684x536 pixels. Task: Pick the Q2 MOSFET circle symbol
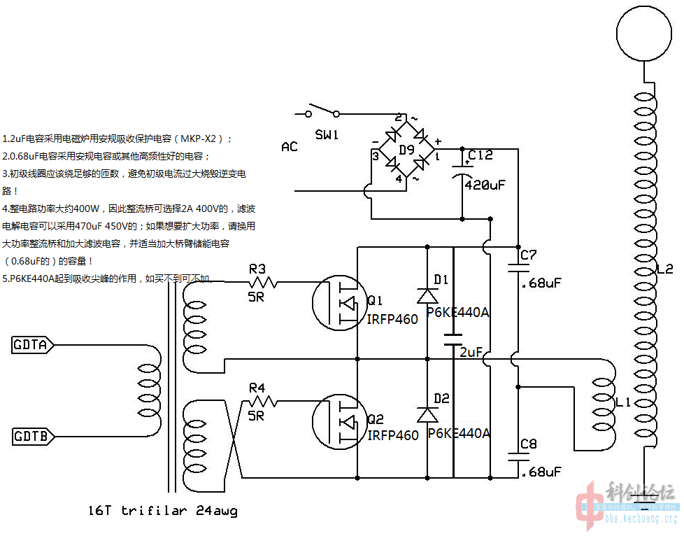coord(340,421)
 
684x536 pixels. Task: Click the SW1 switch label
coord(327,134)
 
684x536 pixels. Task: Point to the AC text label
coord(289,147)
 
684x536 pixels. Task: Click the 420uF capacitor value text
coord(484,185)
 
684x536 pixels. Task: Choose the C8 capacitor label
coord(529,444)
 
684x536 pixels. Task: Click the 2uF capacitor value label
coord(471,353)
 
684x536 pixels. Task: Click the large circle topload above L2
coord(643,31)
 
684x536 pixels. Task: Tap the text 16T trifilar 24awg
coord(163,511)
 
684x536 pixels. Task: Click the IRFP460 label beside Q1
coord(392,319)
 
